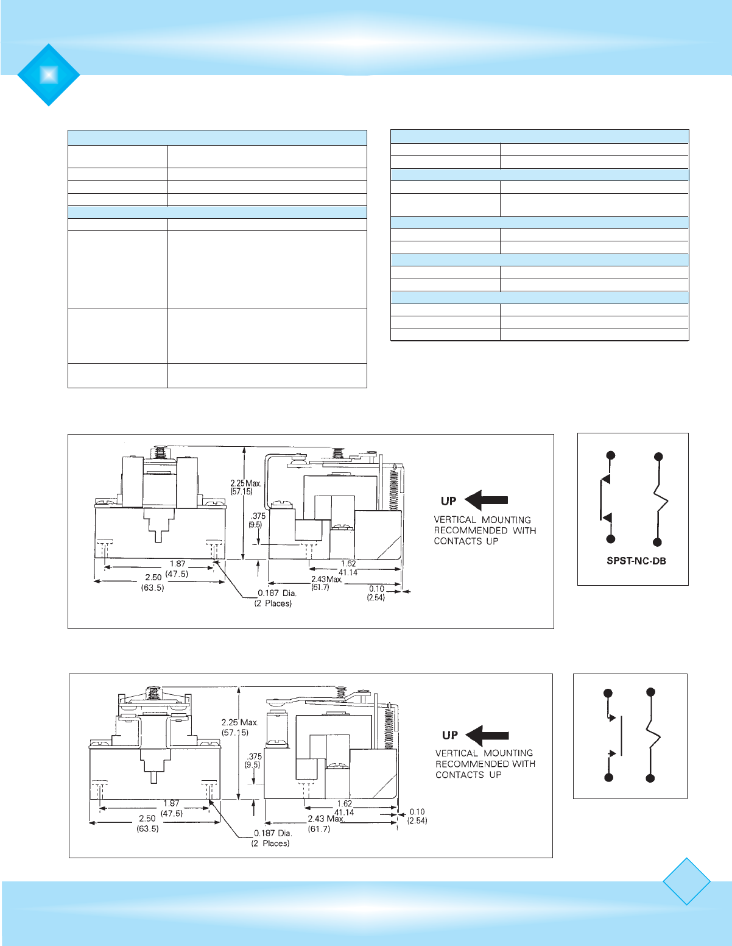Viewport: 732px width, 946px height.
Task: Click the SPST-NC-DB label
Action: coord(636,561)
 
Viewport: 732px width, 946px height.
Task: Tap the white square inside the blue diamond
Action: coord(49,74)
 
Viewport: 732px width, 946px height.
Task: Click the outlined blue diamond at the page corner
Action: coord(686,881)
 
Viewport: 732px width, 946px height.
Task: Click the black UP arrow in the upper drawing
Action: coord(486,500)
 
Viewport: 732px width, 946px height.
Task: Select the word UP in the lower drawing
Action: coord(450,735)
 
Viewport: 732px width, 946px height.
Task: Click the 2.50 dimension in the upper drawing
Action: coord(153,577)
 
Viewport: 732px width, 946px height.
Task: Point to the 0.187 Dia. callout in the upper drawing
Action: coord(277,592)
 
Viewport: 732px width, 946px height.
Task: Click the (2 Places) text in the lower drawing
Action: coord(270,844)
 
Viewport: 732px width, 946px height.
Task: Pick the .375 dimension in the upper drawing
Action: coord(258,516)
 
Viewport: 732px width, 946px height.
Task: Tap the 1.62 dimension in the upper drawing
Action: coord(348,564)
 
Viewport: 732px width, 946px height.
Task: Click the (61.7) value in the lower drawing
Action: coord(319,829)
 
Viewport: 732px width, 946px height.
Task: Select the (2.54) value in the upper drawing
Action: coord(376,598)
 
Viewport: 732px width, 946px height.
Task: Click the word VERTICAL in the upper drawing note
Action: coord(455,520)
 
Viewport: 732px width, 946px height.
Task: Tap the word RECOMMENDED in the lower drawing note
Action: coord(470,764)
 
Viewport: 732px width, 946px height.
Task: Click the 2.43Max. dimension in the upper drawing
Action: coord(326,580)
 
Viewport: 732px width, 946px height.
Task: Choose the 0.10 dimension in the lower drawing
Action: coord(417,812)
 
